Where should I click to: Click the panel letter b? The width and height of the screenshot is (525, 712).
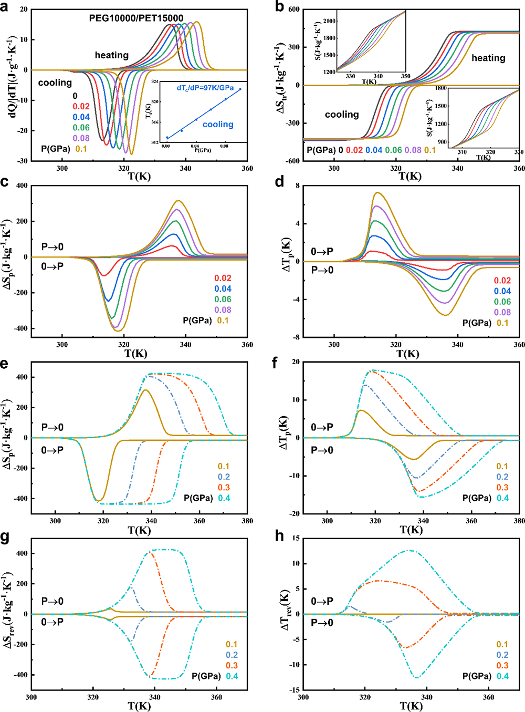279,7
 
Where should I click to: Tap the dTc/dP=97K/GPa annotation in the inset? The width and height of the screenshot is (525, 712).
205,88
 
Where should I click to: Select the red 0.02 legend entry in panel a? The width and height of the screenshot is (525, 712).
81,107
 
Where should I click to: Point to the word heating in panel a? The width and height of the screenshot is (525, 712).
111,55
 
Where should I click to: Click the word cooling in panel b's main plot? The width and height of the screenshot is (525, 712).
342,115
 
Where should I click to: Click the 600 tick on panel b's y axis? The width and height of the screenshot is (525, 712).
294,9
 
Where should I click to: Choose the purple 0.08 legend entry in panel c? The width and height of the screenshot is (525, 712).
223,310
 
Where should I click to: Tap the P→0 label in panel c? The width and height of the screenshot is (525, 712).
52,247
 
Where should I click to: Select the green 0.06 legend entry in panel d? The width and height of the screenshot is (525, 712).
502,302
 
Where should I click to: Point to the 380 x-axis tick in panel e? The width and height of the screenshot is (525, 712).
247,521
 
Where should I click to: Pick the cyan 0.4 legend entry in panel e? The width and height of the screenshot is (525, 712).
224,498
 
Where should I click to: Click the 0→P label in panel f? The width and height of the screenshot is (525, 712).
322,427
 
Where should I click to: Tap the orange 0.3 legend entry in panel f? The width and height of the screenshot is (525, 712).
502,488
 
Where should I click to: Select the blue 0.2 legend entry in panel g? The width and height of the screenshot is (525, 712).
232,655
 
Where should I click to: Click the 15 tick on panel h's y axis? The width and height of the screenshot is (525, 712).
296,538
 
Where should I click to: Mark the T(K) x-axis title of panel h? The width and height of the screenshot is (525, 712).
411,706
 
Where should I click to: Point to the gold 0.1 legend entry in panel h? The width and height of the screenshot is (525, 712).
502,645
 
